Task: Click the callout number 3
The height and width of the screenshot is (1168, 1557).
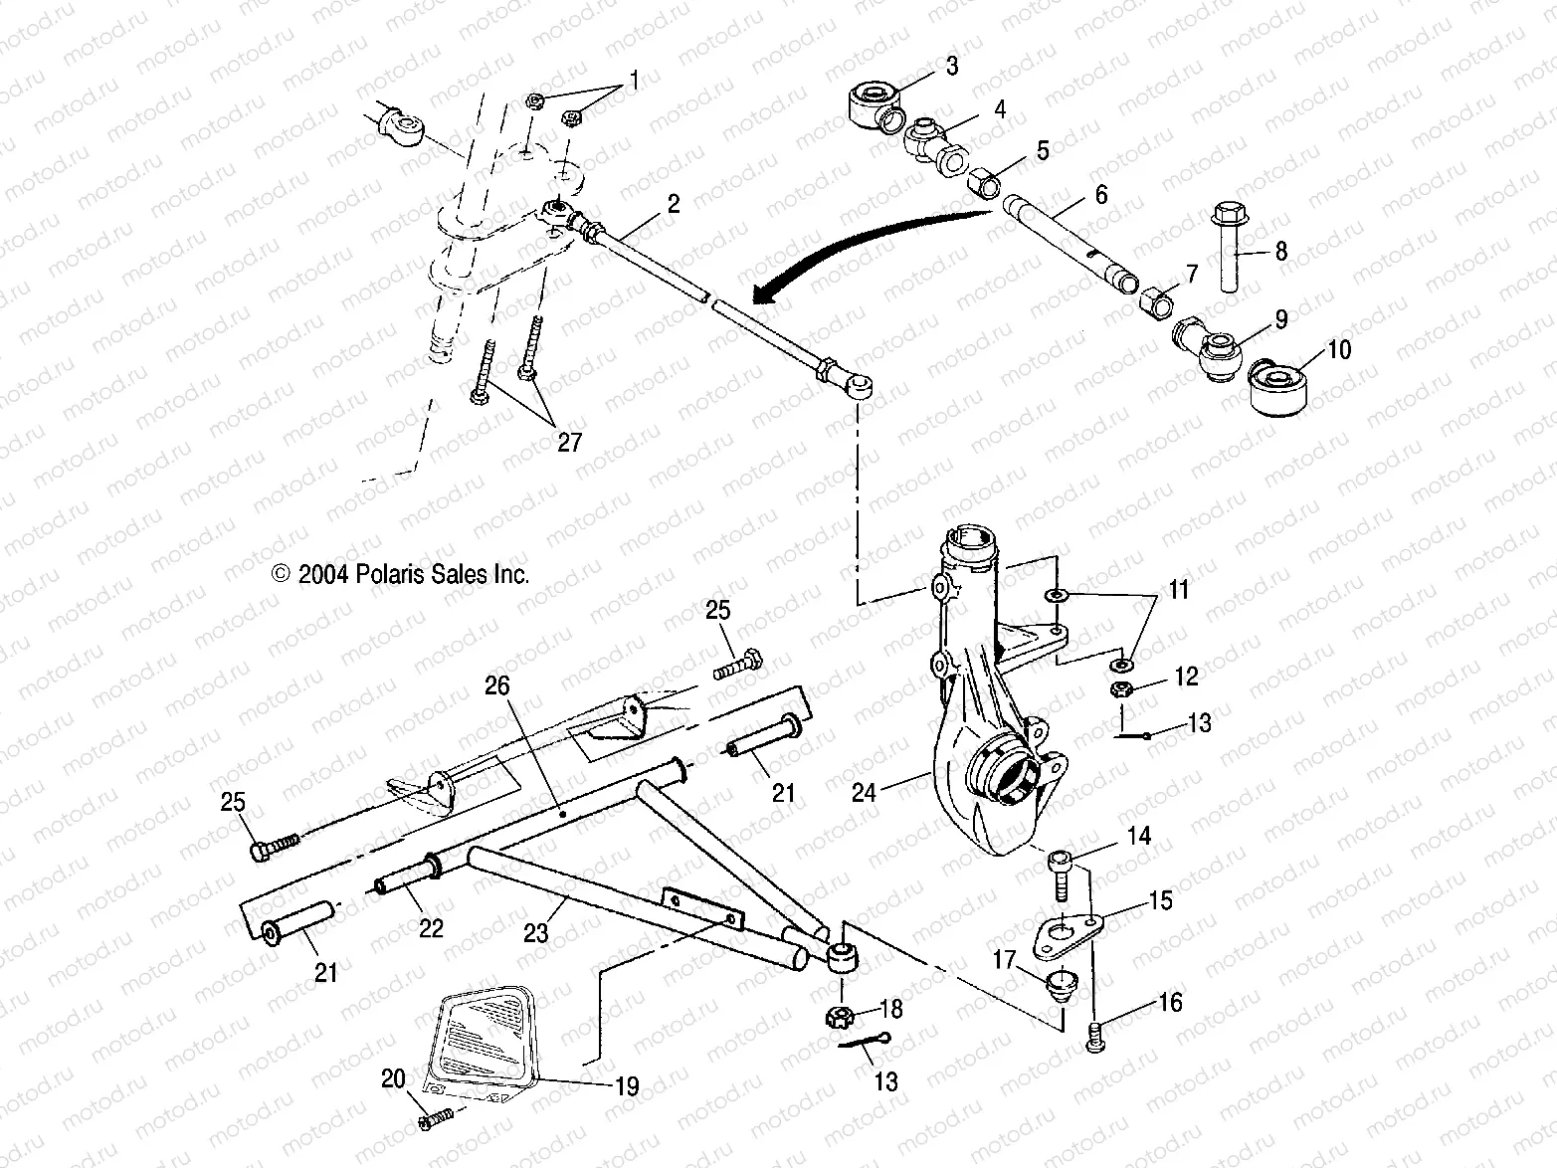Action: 952,67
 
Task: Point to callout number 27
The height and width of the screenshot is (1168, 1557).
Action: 569,442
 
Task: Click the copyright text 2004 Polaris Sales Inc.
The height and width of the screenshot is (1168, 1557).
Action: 400,575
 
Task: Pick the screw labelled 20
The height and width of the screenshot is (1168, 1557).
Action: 436,1117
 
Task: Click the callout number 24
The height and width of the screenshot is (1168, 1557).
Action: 864,792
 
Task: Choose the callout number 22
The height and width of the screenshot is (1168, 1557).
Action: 431,927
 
